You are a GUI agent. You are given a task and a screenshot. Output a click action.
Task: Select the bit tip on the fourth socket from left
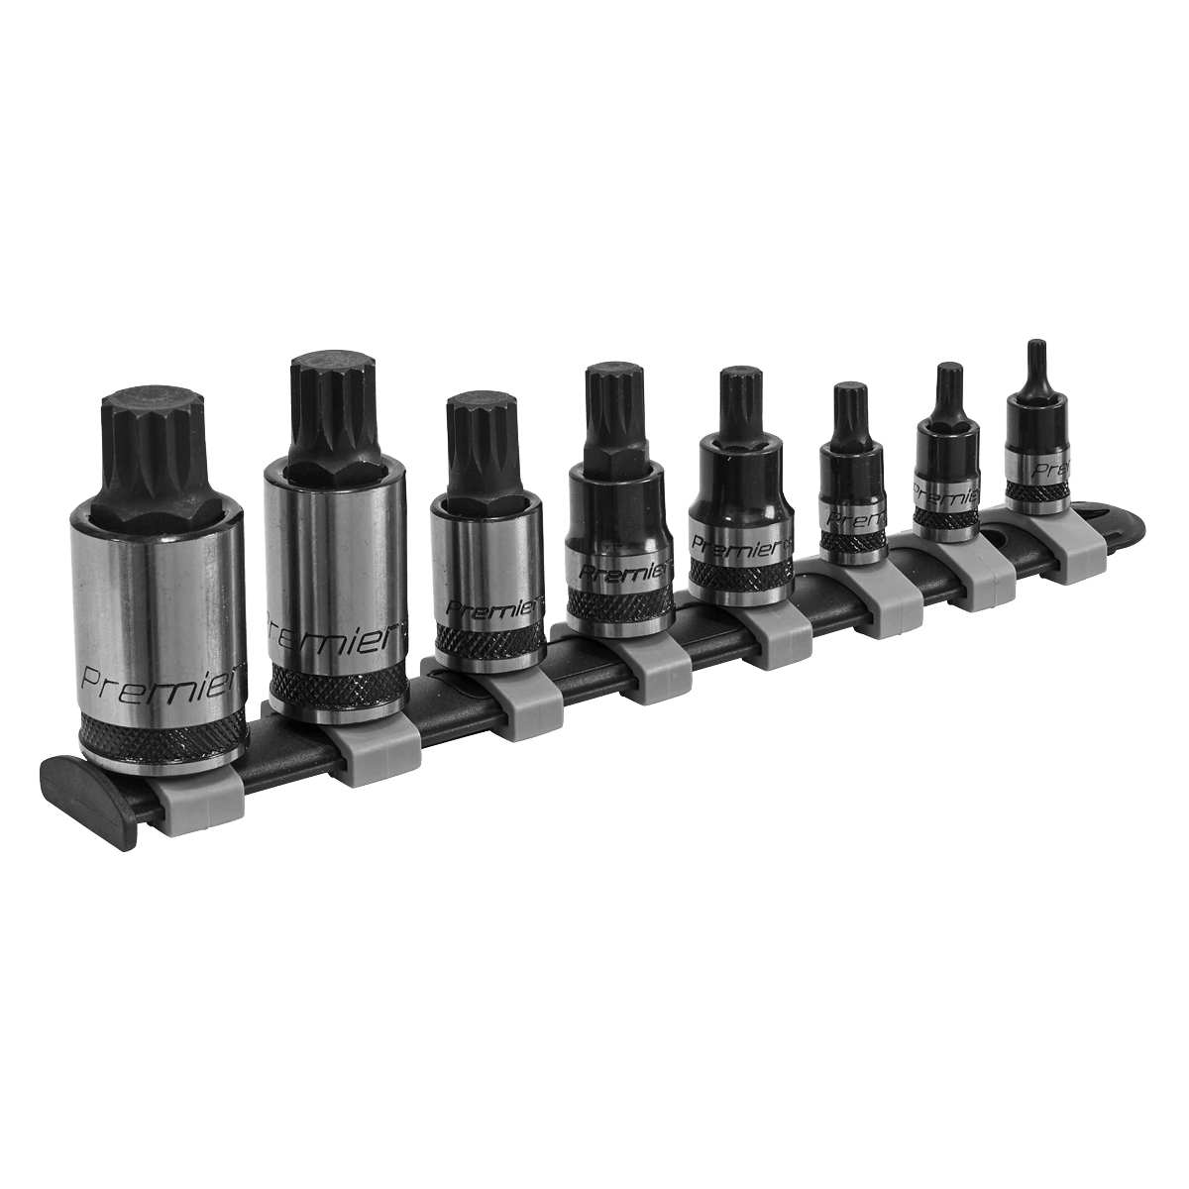pos(613,411)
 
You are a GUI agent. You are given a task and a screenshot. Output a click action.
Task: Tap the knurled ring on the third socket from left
pos(486,644)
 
